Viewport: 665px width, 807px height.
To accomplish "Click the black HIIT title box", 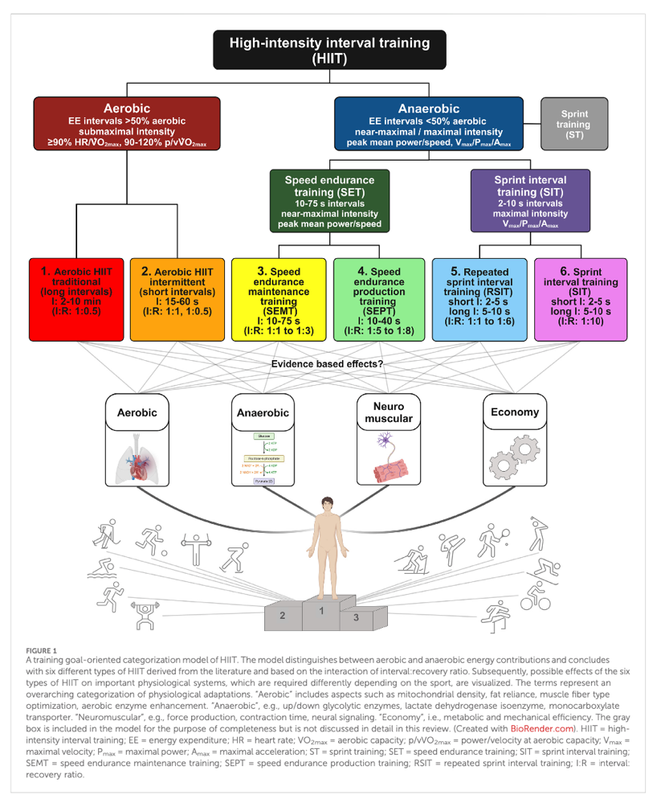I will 329,49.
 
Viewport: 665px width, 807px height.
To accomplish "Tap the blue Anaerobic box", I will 428,122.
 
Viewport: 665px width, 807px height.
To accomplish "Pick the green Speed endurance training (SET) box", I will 329,199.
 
